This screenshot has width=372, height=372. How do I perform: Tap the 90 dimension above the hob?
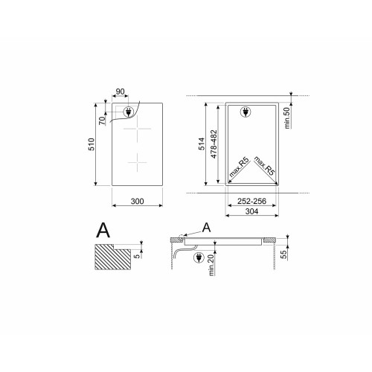point(119,92)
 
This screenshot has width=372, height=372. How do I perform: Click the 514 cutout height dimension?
point(200,144)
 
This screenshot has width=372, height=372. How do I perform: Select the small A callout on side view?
point(206,226)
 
